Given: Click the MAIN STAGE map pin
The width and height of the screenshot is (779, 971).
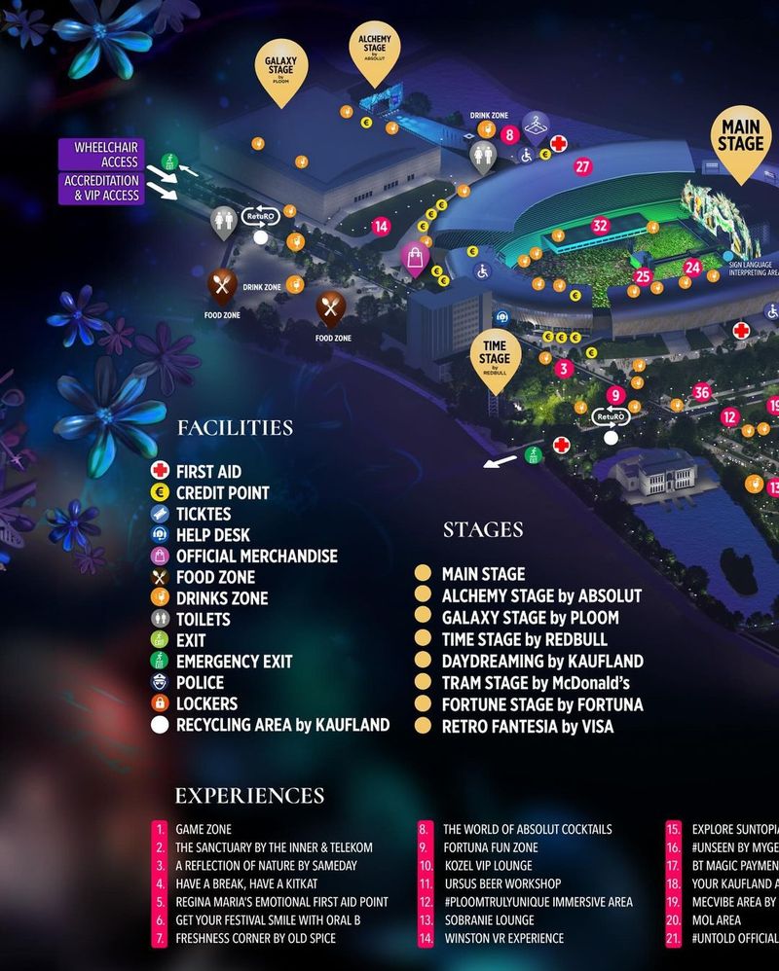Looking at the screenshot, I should (x=741, y=139).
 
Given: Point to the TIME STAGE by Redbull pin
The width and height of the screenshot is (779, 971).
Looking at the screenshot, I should (x=495, y=357).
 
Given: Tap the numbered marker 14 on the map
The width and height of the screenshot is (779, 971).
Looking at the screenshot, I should (x=381, y=226).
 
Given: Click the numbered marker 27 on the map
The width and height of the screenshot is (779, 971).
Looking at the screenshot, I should (x=582, y=166).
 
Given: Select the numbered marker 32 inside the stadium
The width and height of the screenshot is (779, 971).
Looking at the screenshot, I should (x=600, y=226).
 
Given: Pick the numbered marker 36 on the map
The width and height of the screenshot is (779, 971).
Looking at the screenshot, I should (x=702, y=393).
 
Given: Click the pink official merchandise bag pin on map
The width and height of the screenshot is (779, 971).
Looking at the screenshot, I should (x=415, y=257).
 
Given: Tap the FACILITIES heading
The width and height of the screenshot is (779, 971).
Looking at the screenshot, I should (x=235, y=428).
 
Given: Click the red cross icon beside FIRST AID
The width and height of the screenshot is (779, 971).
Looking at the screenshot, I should (x=161, y=471).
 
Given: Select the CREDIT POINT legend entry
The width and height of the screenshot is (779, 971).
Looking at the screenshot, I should (x=222, y=492).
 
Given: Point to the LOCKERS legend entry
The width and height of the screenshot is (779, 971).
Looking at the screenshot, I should (x=206, y=703).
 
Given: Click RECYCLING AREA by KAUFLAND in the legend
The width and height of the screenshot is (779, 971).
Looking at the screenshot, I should (x=282, y=725).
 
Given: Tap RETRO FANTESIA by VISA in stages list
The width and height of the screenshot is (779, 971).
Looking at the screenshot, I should (x=528, y=726).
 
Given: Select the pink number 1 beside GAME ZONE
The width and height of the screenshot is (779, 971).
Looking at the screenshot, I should (x=160, y=830).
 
